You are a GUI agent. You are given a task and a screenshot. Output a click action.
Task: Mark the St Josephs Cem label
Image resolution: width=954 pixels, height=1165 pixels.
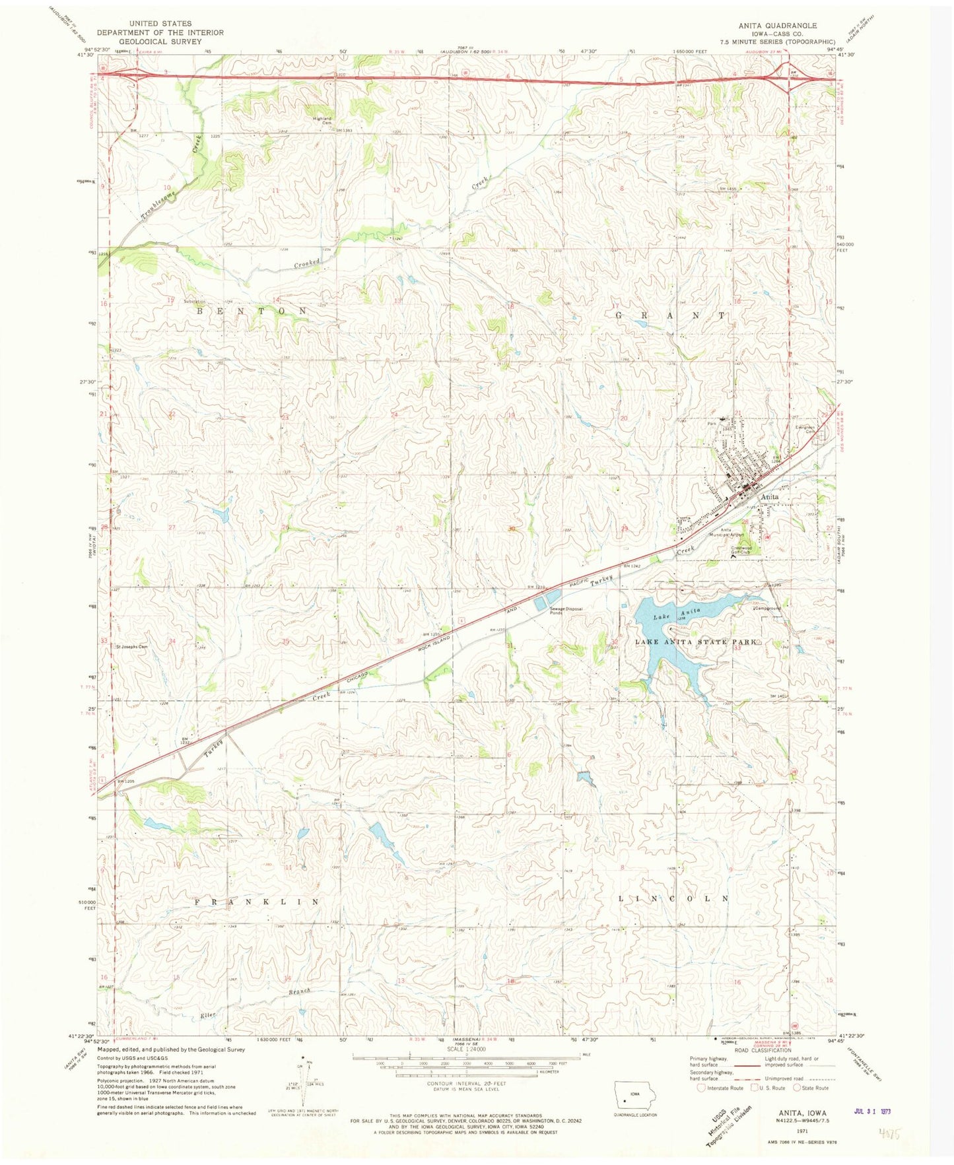point(132,647)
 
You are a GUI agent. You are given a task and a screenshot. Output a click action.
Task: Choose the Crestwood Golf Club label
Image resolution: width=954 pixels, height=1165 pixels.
point(741,550)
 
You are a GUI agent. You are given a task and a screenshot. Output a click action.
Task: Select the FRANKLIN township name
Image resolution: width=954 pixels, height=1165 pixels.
point(256,901)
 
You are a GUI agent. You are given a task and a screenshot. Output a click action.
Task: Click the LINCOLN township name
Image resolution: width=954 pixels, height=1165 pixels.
point(673,899)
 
